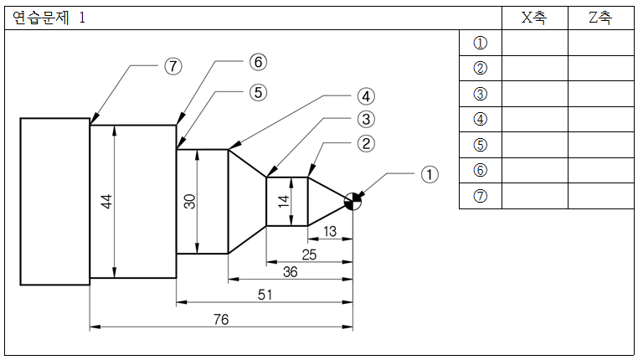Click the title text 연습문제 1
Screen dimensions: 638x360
[49, 18]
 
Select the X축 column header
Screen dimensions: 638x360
[534, 18]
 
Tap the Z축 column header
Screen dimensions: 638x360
[600, 18]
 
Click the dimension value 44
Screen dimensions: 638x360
[106, 202]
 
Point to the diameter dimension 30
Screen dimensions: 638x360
[189, 202]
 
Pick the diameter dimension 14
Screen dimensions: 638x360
[283, 202]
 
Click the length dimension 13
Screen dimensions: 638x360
[330, 231]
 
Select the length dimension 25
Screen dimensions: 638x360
[309, 255]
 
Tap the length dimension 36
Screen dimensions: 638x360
[290, 272]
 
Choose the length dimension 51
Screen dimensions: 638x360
[265, 295]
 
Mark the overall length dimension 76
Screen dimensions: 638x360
[221, 319]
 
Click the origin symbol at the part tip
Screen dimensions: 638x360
[352, 202]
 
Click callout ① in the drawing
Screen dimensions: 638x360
[430, 174]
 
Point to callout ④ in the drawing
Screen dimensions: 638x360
[366, 97]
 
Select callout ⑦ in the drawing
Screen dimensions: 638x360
[173, 66]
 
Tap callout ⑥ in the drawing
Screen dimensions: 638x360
[259, 62]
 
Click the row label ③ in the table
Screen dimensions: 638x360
[481, 94]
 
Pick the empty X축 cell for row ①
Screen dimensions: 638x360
[535, 43]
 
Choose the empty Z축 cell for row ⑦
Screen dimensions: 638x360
[601, 196]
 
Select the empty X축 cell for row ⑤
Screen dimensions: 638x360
[535, 144]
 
